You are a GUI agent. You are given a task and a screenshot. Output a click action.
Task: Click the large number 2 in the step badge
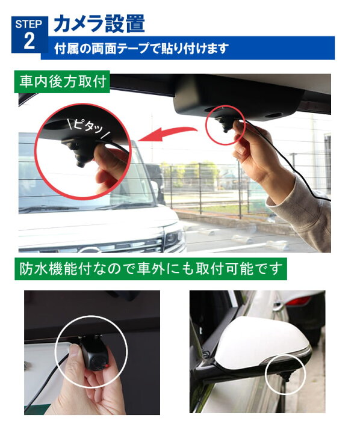point(28,41)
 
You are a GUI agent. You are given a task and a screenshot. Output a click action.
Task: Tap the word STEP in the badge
point(28,24)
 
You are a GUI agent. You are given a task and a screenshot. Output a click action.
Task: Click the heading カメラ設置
point(99,23)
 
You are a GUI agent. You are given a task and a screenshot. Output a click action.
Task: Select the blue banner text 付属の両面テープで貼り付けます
point(141,49)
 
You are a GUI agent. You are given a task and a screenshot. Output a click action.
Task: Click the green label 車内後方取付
point(63,82)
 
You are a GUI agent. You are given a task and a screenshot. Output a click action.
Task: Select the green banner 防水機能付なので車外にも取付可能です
point(151,268)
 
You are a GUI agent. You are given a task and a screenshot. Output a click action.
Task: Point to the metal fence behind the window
point(211,183)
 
